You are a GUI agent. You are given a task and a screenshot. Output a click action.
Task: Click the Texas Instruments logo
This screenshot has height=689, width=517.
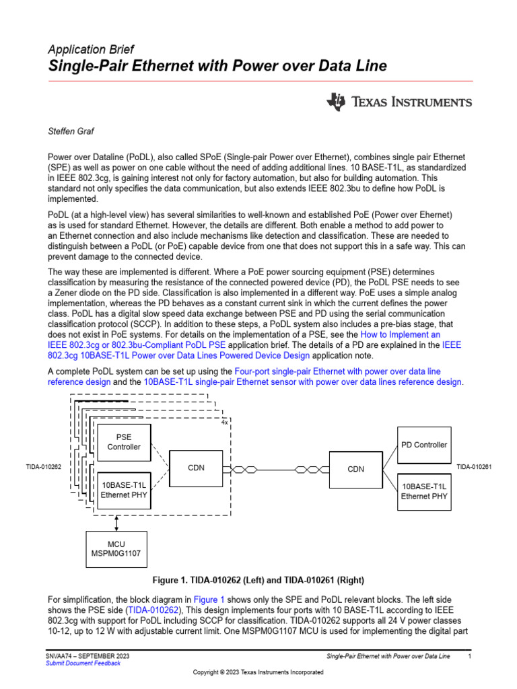click(399, 102)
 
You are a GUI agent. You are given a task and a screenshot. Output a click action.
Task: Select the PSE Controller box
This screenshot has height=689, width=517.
click(125, 441)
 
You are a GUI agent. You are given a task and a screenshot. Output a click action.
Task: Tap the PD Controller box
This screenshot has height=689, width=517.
click(424, 445)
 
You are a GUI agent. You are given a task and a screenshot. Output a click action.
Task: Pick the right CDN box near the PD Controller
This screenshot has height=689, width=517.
click(355, 469)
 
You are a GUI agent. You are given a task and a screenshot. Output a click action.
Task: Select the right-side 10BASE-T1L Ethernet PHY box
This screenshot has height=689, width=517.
click(424, 491)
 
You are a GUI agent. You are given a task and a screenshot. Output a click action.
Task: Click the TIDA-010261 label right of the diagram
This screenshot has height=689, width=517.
click(474, 468)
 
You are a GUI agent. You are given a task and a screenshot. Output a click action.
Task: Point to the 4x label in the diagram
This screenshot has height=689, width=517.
click(224, 423)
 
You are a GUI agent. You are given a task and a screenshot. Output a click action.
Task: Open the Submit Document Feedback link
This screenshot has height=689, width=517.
click(83, 663)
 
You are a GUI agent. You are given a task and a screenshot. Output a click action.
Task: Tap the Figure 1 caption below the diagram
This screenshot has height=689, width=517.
click(258, 580)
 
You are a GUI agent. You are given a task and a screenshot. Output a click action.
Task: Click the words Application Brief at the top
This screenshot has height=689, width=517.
click(91, 49)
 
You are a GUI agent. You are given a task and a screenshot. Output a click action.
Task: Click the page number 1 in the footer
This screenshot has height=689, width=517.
click(469, 655)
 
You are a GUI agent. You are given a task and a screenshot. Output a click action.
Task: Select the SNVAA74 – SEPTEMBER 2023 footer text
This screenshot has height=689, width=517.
click(88, 655)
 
